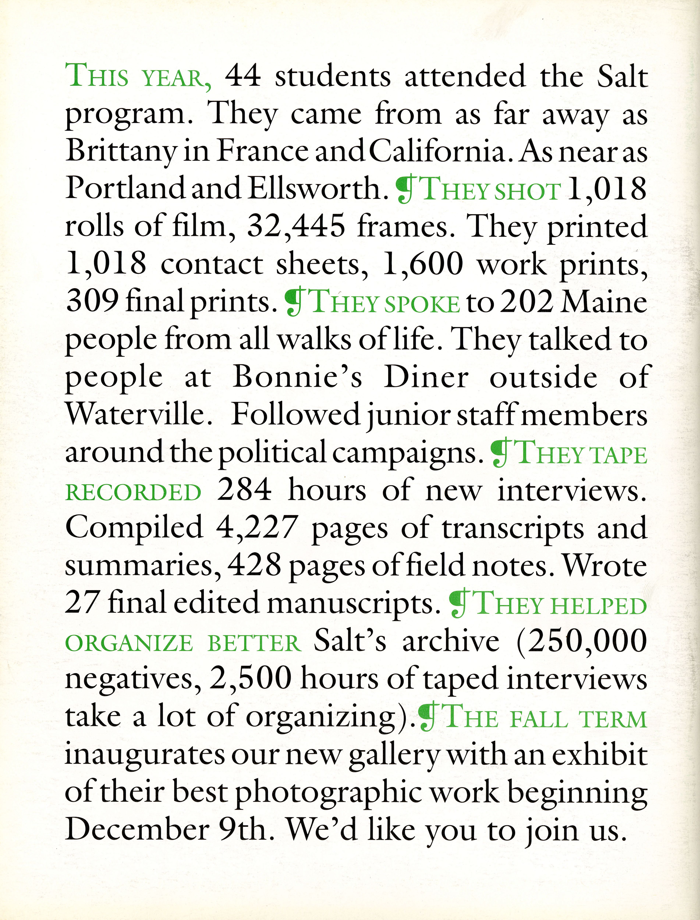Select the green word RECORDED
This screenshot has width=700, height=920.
click(133, 493)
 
